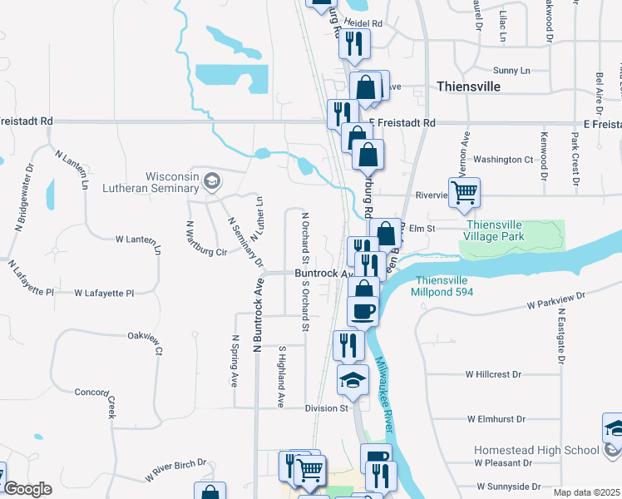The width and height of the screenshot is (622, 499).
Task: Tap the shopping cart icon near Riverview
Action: tap(465, 193)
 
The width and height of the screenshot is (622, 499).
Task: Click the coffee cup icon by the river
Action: tap(362, 312)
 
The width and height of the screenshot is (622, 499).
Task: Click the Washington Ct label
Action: tap(503, 159)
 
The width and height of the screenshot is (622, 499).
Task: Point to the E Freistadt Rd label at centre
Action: tap(402, 122)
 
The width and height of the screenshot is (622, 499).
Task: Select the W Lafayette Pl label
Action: tap(104, 294)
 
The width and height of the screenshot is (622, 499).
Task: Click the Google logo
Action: tap(27, 489)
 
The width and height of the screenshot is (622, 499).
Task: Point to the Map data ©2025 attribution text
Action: tap(586, 493)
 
